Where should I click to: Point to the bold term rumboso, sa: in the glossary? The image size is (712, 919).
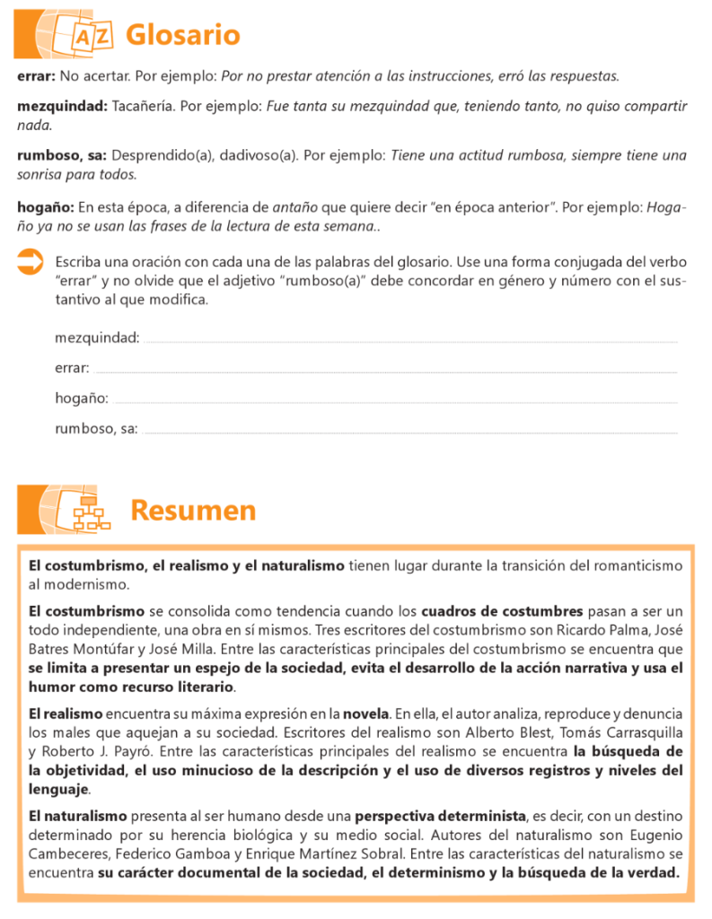tap(62, 155)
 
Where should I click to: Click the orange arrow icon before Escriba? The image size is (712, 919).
tap(31, 263)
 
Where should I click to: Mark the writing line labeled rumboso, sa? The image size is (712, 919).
tap(409, 432)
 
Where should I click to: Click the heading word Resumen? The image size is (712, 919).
tap(193, 510)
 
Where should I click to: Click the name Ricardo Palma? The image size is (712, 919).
tap(598, 629)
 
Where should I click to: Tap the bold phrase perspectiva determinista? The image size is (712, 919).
tap(440, 816)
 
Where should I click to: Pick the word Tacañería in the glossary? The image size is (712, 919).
tap(143, 106)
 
